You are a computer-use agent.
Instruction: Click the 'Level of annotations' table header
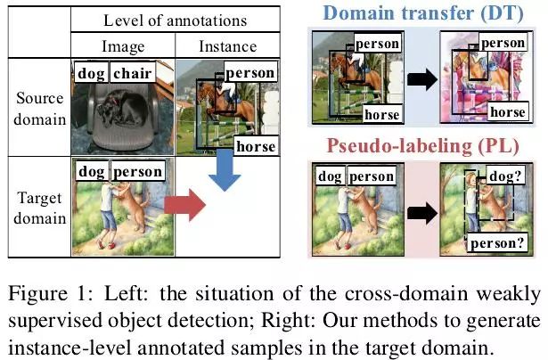[x=176, y=20]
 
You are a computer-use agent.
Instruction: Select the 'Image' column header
[x=123, y=46]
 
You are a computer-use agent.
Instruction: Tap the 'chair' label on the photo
[x=133, y=74]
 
